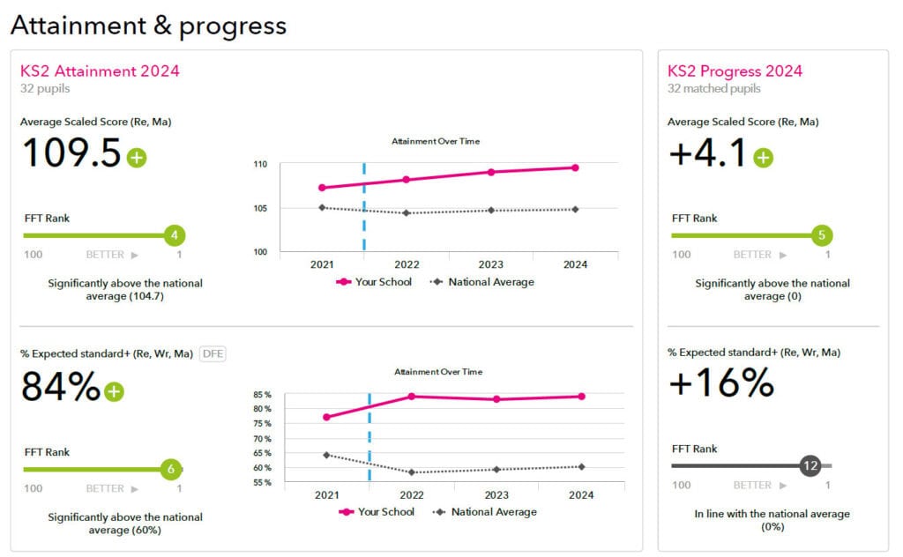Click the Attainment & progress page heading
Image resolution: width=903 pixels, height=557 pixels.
point(148,26)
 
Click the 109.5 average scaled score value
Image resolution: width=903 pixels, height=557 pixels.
point(71,153)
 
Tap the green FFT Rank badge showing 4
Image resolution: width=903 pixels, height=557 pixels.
point(175,235)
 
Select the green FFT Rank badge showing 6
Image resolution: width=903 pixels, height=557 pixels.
point(171,470)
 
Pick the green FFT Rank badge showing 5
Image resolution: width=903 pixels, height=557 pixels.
point(822,235)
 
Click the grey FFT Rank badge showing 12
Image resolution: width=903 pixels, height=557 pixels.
point(810,466)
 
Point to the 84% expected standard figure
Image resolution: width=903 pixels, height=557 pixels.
point(60,387)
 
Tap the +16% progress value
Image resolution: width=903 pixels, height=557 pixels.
point(720,383)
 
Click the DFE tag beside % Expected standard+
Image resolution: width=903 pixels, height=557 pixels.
point(213,353)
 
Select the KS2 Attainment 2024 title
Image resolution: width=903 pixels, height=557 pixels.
point(100,71)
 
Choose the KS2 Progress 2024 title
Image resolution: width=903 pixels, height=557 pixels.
point(735,71)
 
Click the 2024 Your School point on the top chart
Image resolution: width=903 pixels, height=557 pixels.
point(575,167)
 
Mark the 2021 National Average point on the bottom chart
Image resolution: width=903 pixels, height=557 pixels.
point(326,455)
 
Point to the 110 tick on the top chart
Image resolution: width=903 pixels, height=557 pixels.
point(260,164)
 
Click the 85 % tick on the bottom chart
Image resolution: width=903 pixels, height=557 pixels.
point(262,395)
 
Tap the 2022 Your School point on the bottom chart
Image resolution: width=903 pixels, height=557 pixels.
point(411,396)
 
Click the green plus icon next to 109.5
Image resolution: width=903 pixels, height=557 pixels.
point(137,158)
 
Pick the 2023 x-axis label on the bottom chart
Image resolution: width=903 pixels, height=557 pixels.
point(496,495)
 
